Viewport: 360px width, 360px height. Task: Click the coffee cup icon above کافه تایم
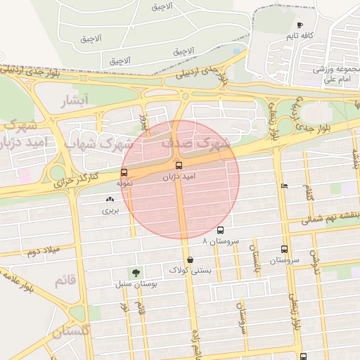coord(300,25)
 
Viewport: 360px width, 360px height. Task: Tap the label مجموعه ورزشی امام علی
coord(337,75)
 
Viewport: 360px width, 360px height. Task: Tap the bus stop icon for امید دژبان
coord(179,166)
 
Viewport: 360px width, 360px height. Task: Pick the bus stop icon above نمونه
coord(124,172)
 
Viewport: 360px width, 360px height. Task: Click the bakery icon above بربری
coord(109,200)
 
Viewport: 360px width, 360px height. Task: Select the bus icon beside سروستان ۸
coord(221,230)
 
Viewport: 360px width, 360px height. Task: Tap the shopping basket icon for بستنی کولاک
coord(191,259)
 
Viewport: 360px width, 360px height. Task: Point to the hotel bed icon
coord(283,186)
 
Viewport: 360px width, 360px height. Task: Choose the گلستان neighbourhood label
coord(71,330)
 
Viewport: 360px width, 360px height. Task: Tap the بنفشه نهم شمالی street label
coord(325,219)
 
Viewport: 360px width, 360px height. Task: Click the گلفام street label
coord(309,189)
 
